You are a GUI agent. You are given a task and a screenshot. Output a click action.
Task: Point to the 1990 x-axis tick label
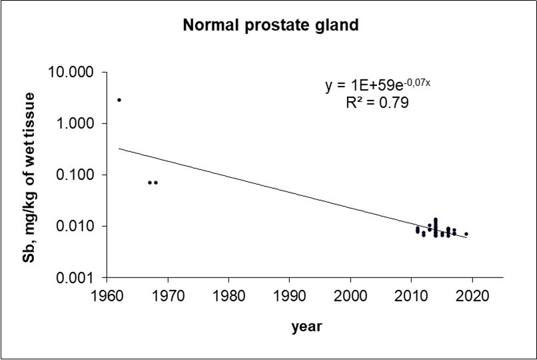point(290,294)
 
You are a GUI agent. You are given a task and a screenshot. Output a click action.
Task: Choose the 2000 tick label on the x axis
point(351,294)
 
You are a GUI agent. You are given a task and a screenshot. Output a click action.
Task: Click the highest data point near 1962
point(119,100)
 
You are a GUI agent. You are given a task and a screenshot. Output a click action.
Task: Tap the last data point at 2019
point(466,234)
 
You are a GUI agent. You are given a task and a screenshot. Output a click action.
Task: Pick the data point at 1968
point(156,182)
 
